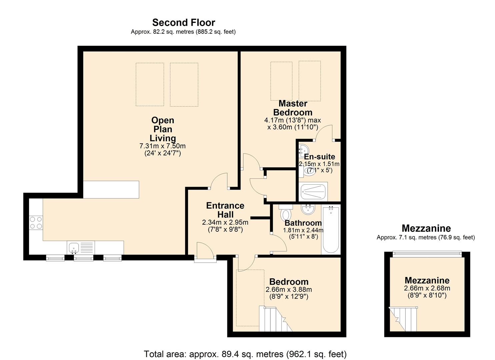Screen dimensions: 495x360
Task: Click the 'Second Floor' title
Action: click(x=183, y=23)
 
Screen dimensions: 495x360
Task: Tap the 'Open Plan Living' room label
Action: click(x=163, y=129)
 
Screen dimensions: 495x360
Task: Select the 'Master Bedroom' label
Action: click(x=293, y=108)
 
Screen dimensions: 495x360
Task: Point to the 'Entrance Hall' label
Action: click(x=225, y=210)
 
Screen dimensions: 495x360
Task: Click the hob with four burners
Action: click(x=36, y=223)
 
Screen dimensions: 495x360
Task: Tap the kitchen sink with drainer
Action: click(x=81, y=248)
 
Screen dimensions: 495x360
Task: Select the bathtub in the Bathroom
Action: click(x=331, y=230)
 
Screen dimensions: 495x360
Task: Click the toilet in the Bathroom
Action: click(x=286, y=213)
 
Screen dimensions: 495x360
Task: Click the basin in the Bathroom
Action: click(x=308, y=209)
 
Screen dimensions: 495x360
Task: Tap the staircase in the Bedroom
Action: click(x=276, y=319)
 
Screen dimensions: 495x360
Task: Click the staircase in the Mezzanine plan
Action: click(x=403, y=319)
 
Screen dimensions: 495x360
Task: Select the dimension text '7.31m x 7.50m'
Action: click(x=162, y=146)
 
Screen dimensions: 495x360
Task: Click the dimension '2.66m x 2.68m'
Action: click(x=427, y=288)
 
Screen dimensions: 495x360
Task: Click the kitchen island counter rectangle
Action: click(x=111, y=190)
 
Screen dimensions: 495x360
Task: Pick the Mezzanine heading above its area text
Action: click(x=426, y=228)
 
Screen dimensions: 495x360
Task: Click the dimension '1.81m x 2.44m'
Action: click(x=303, y=230)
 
